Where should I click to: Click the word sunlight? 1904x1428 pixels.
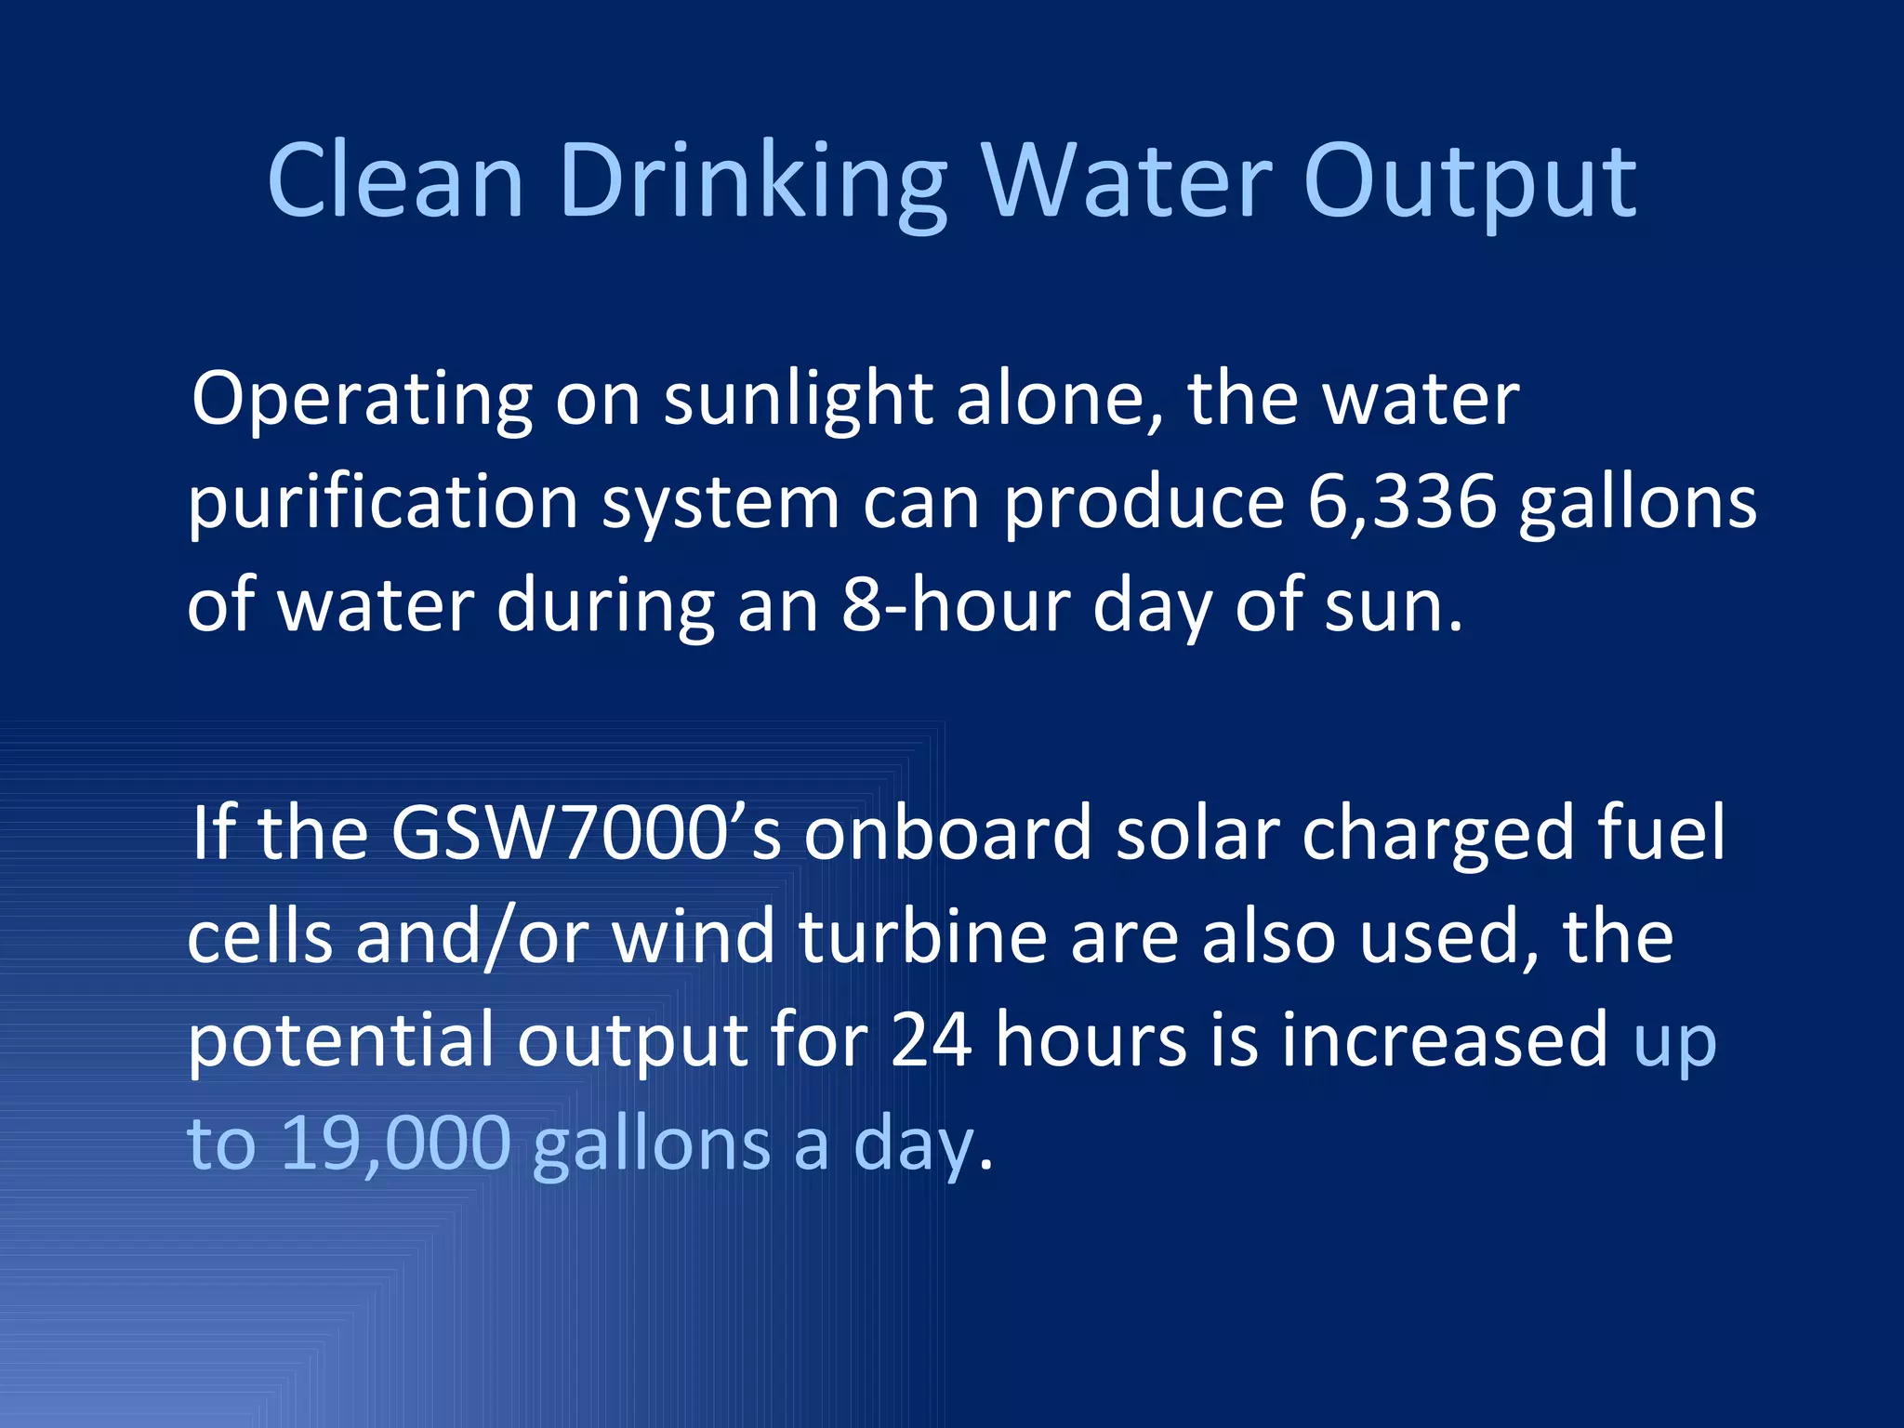pos(798,400)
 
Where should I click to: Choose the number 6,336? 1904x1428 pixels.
pos(1402,502)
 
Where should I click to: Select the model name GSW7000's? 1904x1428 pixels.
pos(586,833)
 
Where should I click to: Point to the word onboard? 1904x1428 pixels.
pos(948,833)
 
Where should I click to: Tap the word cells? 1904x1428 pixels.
pos(260,937)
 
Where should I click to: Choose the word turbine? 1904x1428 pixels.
pos(922,937)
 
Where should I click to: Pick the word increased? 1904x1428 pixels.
pos(1445,1039)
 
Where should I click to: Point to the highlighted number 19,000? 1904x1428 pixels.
pos(395,1144)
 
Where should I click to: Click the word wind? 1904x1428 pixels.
pos(693,937)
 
